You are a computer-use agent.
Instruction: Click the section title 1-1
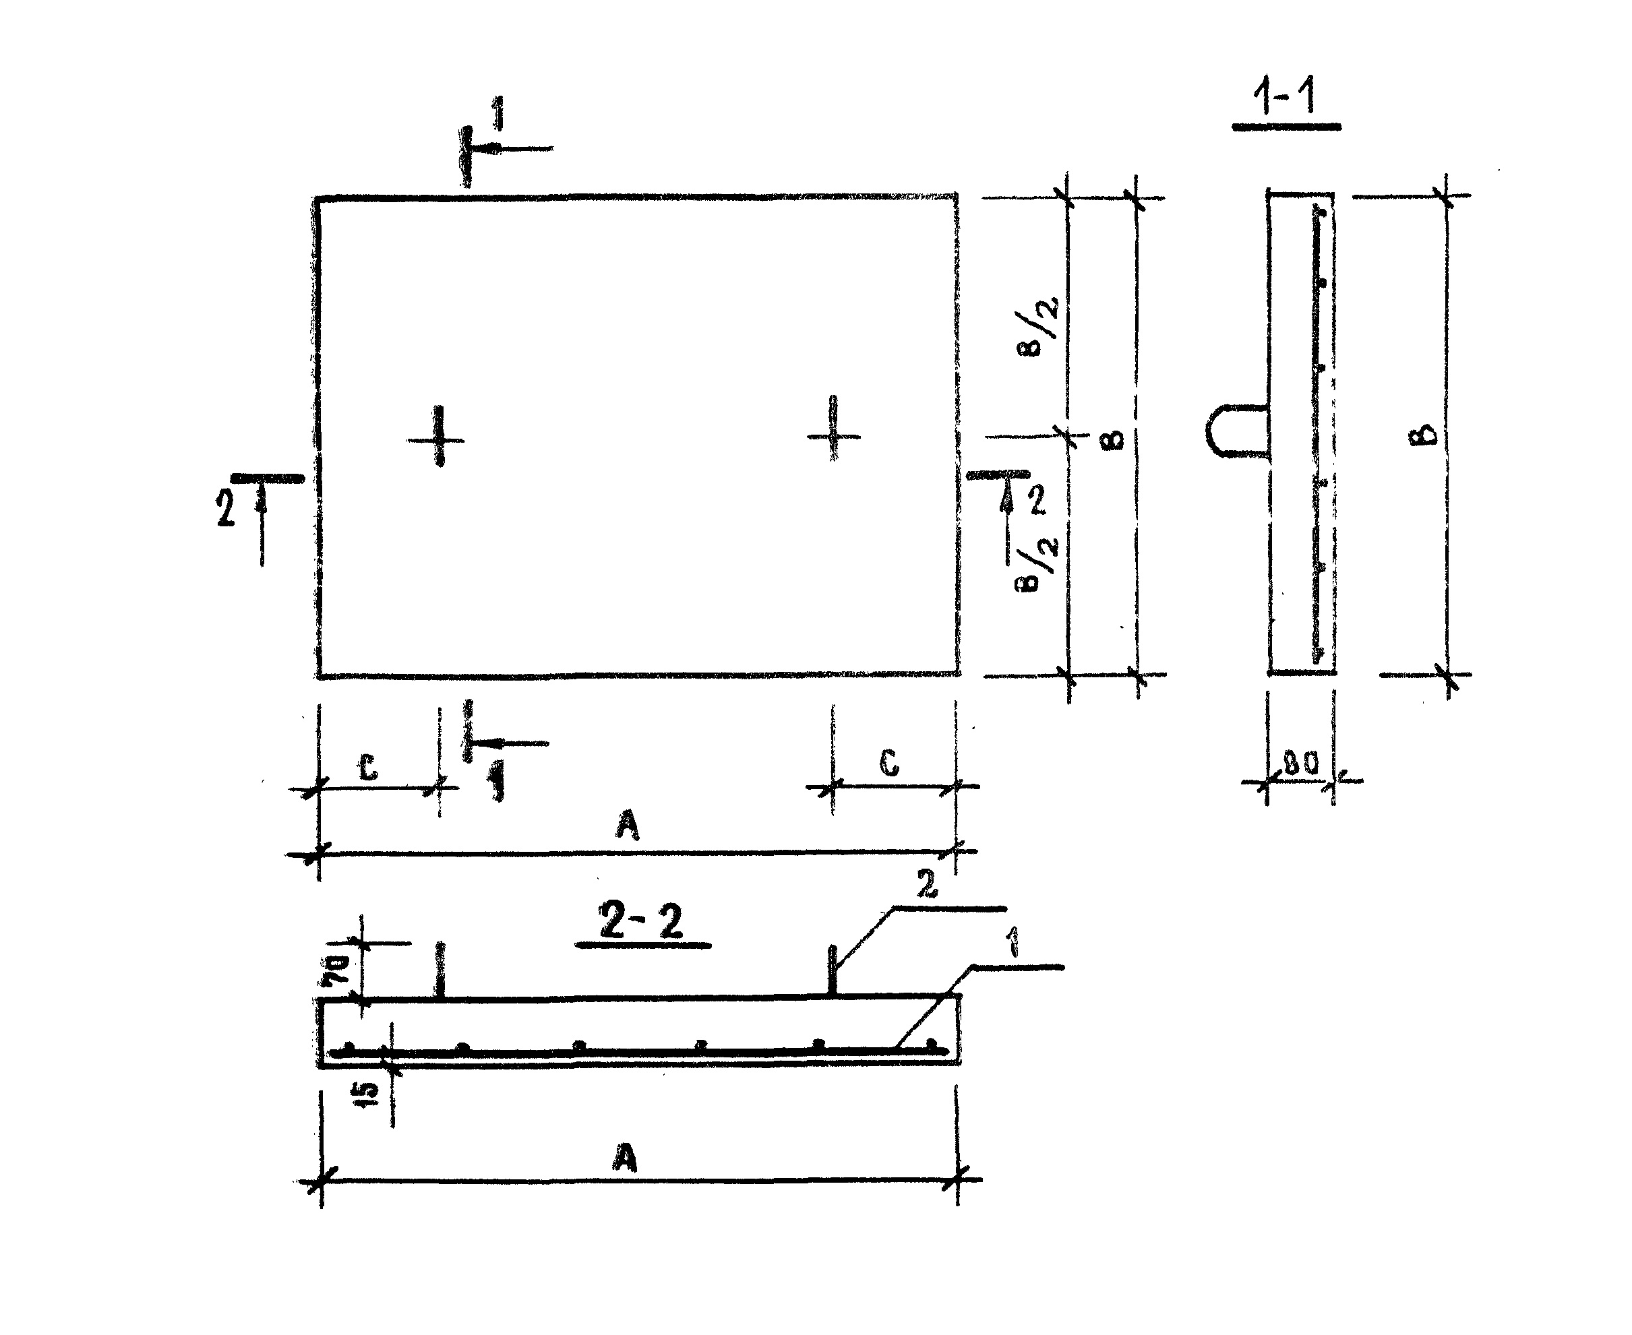[1285, 96]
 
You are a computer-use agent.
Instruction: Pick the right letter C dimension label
[889, 763]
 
